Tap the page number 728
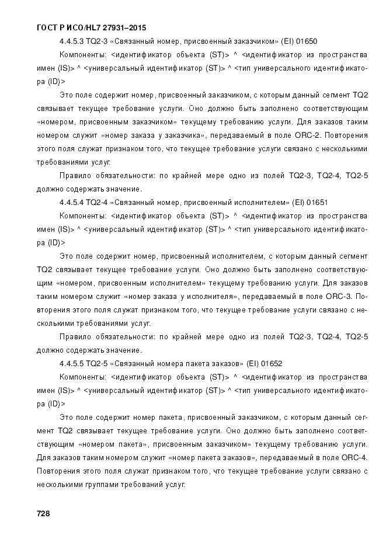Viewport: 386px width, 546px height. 43,514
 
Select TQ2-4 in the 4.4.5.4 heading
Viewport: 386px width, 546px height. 98,203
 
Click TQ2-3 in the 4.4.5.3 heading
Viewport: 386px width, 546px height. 98,41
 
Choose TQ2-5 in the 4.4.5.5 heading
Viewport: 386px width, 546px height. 98,363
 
